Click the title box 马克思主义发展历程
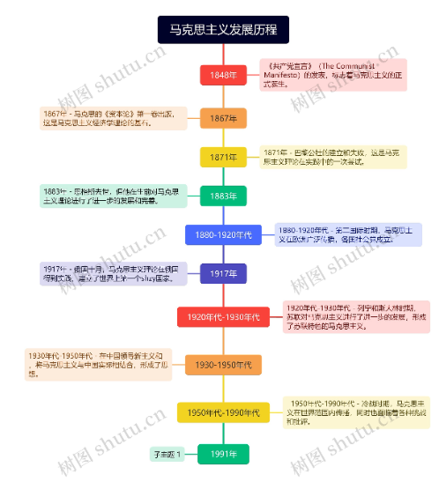point(223,30)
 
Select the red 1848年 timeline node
point(223,75)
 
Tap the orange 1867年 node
point(223,118)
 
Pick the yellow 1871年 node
point(223,157)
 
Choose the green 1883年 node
point(223,196)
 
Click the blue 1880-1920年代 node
point(223,234)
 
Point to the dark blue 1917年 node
point(223,274)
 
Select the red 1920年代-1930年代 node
point(223,316)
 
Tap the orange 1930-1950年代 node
point(223,365)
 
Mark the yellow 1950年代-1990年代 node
point(223,412)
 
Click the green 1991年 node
point(223,454)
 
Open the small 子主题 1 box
point(167,455)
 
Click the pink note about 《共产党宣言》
point(333,75)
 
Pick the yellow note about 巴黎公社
point(333,157)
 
